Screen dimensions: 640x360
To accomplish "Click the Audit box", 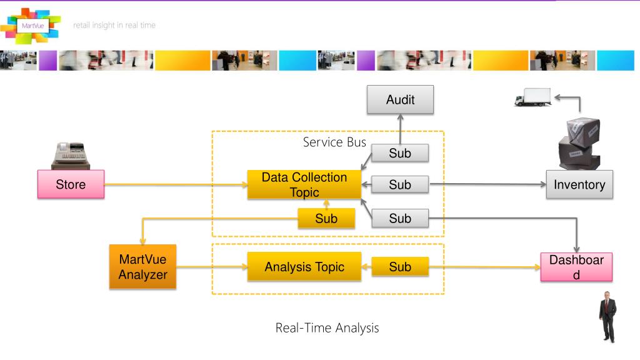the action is point(400,99).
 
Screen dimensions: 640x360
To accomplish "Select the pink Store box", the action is point(71,184).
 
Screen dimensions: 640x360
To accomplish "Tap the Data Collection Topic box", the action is point(304,184).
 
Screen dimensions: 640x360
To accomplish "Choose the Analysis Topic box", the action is point(304,266).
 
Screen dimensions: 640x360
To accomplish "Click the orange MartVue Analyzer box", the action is point(143,266).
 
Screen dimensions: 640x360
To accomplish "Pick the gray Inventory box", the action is point(579,184).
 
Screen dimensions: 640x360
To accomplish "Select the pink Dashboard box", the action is point(576,267).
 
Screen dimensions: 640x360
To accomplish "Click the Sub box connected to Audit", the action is point(400,153).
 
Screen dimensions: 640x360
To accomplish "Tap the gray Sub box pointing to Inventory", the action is point(400,184).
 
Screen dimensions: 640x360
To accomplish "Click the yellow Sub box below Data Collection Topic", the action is point(326,218).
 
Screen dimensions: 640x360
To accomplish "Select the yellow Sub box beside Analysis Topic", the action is point(400,266).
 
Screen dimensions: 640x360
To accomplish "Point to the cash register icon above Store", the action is point(71,156).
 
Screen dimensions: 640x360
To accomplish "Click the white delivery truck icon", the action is point(532,97).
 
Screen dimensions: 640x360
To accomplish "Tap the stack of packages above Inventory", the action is point(579,143).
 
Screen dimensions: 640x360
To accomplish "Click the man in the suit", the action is point(607,317).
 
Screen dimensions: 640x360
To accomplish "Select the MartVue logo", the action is point(31,26).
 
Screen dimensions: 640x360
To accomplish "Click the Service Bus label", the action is point(334,142).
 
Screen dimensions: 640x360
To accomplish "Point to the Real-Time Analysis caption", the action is point(327,327).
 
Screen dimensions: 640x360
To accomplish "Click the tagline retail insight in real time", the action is point(114,25).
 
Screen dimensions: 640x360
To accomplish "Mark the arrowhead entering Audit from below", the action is point(400,117).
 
